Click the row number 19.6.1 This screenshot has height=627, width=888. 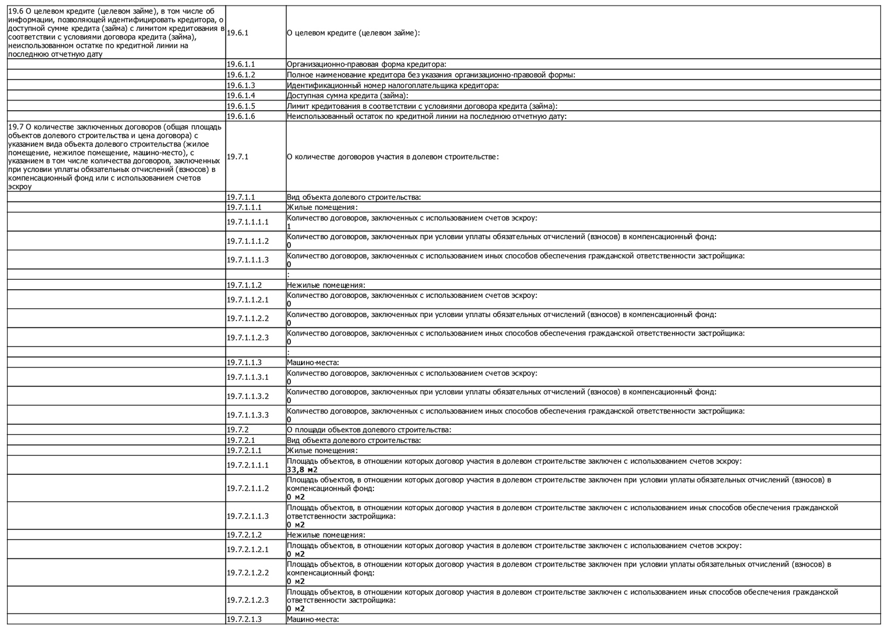tap(238, 33)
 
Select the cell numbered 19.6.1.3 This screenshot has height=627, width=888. tap(241, 85)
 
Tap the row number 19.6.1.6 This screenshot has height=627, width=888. tap(241, 116)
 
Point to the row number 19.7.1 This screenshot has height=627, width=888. tap(238, 157)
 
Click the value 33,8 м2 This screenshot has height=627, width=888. tap(302, 470)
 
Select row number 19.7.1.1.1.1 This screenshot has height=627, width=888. tap(248, 222)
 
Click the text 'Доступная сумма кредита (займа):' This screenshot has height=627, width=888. tap(347, 96)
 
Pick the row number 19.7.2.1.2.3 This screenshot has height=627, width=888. tap(248, 600)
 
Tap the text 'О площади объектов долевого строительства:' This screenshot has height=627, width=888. tap(369, 430)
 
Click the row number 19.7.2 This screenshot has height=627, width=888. tap(238, 430)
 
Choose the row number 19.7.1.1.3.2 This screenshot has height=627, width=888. tap(248, 396)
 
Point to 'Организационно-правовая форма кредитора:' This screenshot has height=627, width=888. tap(366, 64)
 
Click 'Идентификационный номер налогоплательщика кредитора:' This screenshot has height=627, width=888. tap(393, 85)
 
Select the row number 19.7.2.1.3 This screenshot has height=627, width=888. tap(245, 619)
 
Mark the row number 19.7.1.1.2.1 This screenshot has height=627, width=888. tap(248, 300)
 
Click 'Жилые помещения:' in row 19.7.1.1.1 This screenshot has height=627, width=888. tap(322, 207)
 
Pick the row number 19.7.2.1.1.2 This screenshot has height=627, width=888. tap(248, 488)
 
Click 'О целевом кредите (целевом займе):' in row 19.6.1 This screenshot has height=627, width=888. tap(353, 33)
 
